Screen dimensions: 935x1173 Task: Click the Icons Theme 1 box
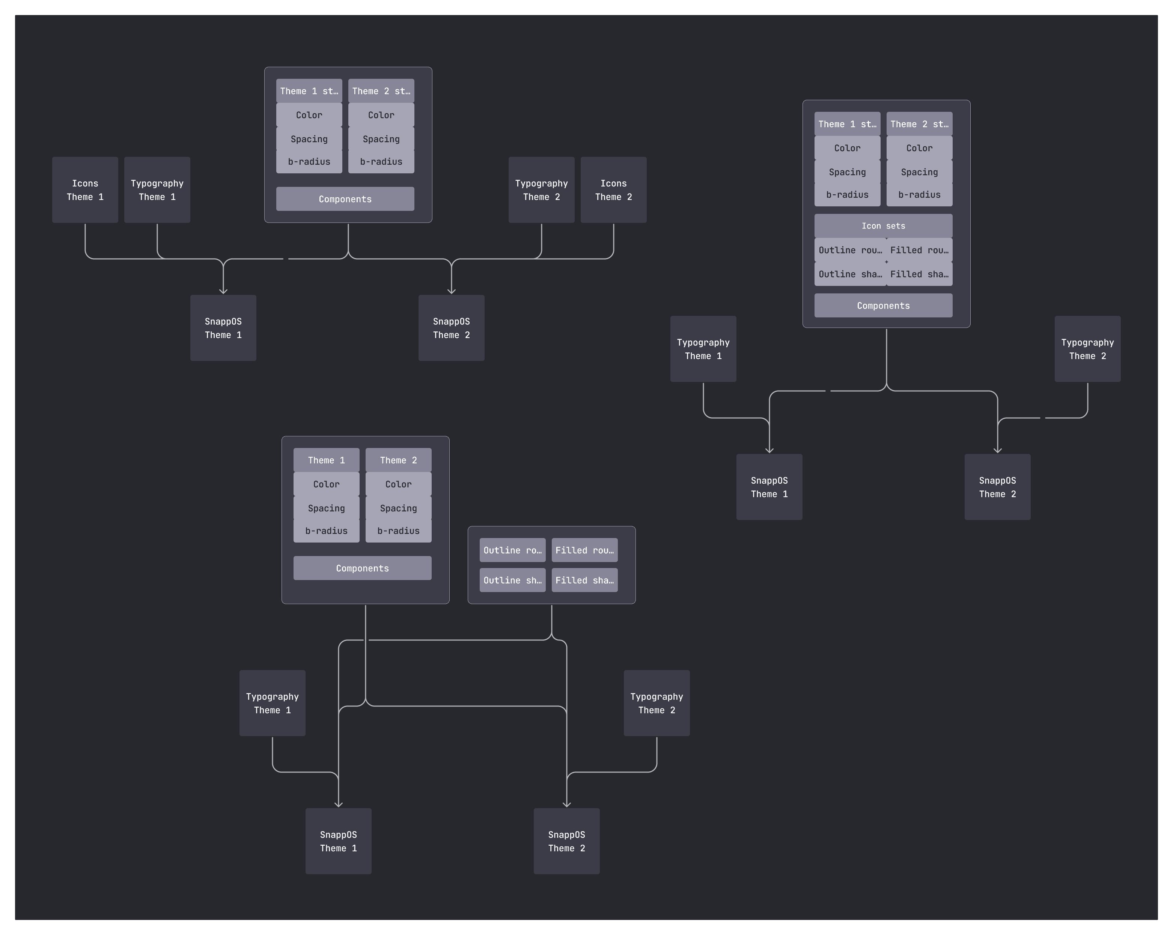point(85,190)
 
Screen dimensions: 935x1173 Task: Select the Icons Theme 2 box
point(613,190)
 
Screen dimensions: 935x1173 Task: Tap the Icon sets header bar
point(883,226)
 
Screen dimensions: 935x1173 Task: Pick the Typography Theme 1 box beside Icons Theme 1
point(157,190)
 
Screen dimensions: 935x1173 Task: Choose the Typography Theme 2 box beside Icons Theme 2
point(541,190)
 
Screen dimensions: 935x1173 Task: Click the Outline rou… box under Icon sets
point(850,250)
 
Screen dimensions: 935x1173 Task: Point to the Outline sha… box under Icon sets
point(850,274)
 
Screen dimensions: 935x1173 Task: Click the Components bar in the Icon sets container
point(883,306)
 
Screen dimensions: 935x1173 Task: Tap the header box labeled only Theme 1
point(327,460)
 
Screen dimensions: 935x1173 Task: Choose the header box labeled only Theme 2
point(398,460)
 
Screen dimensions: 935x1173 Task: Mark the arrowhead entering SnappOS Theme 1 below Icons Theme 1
point(223,292)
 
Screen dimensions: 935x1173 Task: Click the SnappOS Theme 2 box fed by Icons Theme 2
point(451,328)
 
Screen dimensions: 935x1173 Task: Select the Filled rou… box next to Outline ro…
point(584,550)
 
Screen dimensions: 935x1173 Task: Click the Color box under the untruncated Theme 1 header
point(327,484)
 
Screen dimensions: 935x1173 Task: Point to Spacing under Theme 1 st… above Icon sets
point(847,172)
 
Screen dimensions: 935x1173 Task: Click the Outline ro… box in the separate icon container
point(512,550)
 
